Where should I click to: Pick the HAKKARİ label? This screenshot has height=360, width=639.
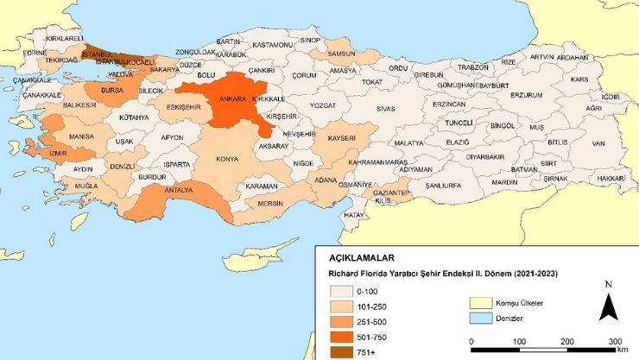point(610,177)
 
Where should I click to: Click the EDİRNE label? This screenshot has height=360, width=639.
point(35,53)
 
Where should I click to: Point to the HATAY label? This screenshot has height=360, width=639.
point(353,214)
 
